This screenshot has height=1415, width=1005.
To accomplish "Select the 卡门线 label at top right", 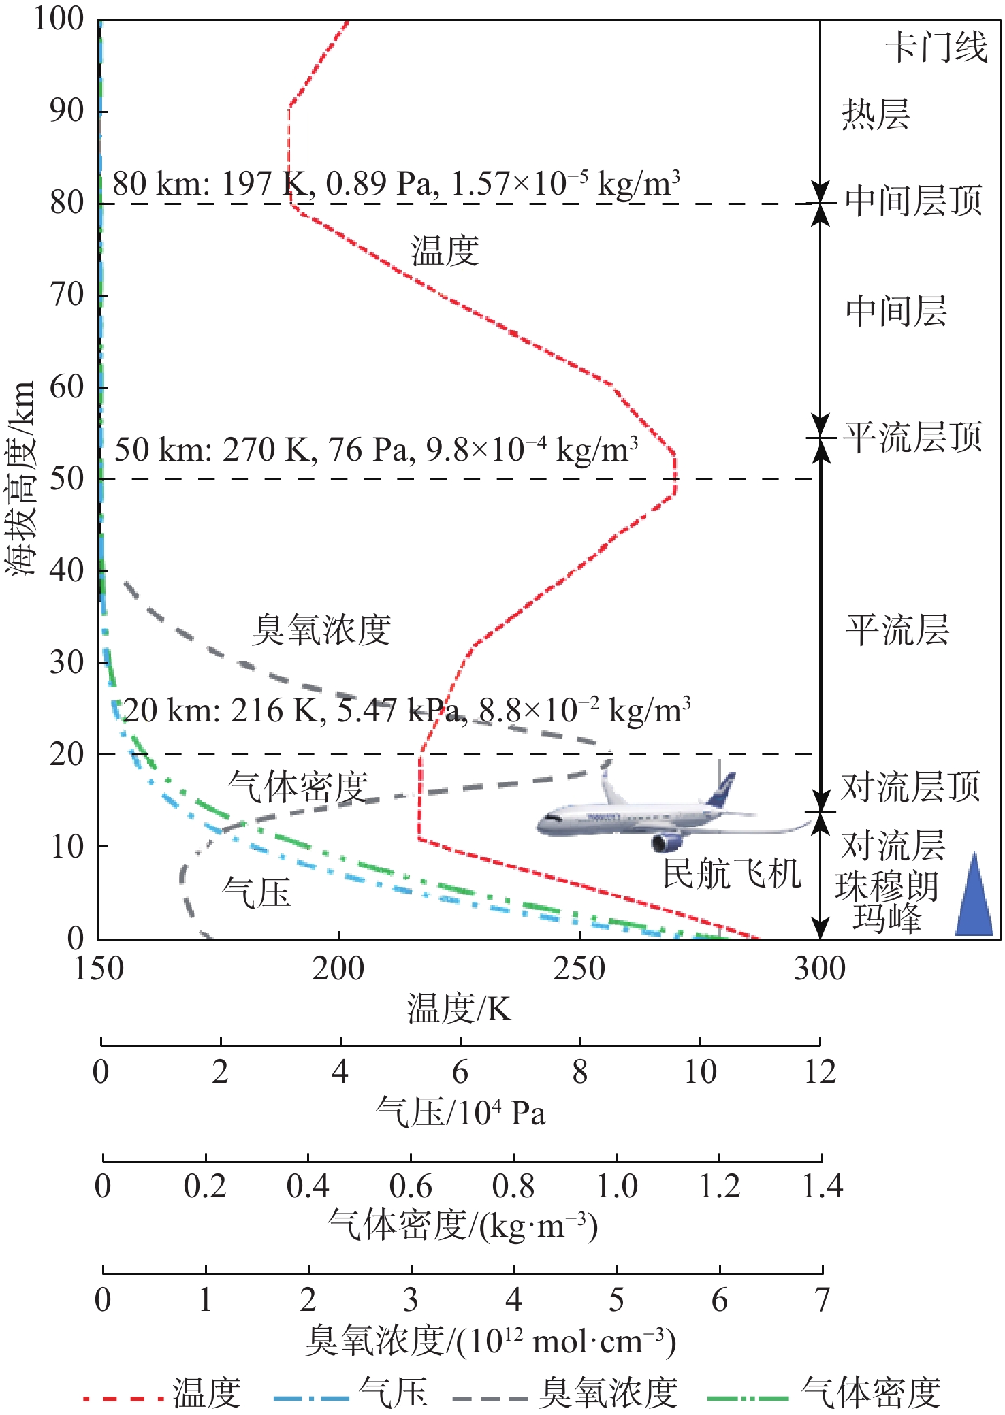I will click(936, 48).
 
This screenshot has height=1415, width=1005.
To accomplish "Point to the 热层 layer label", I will click(876, 114).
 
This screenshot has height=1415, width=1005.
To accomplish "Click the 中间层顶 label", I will click(913, 201).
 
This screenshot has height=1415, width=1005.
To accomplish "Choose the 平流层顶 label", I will click(913, 437).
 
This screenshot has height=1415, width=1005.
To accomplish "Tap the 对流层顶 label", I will click(911, 787).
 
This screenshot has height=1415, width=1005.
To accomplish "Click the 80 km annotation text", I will click(396, 184).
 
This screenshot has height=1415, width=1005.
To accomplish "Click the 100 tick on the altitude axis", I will click(59, 18).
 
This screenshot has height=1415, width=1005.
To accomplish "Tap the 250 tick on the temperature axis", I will click(579, 968).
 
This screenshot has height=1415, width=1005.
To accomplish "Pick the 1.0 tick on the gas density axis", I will click(616, 1186).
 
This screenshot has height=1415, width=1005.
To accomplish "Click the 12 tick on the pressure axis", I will click(820, 1072).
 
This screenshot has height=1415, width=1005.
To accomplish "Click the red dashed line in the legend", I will click(123, 1399).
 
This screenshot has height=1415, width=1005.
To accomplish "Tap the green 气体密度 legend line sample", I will click(748, 1399).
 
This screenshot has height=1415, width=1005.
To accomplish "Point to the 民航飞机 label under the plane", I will click(732, 873).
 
